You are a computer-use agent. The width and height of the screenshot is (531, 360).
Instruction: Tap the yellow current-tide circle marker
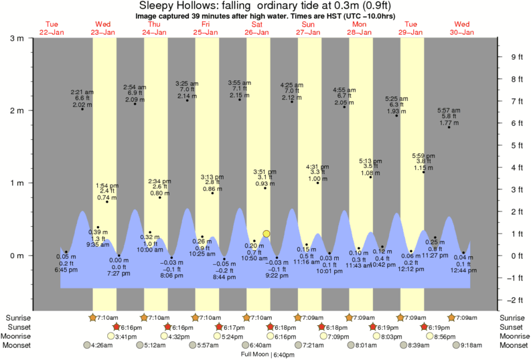coord(267,234)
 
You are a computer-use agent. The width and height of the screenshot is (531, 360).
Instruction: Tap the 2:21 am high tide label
coord(82,98)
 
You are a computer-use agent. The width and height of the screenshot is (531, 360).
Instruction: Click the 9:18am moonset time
coord(471,345)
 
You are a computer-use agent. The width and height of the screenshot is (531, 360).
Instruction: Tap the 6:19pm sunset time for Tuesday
coord(435,327)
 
